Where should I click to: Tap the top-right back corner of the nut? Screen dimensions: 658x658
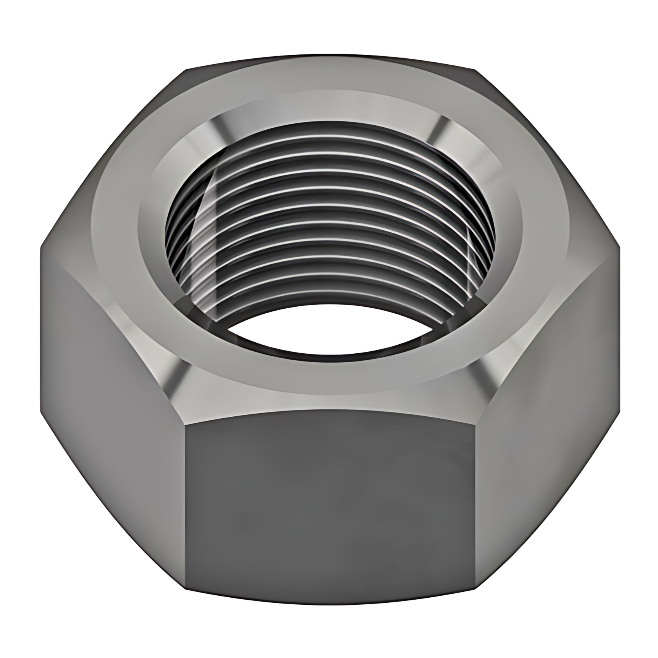click(476, 70)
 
